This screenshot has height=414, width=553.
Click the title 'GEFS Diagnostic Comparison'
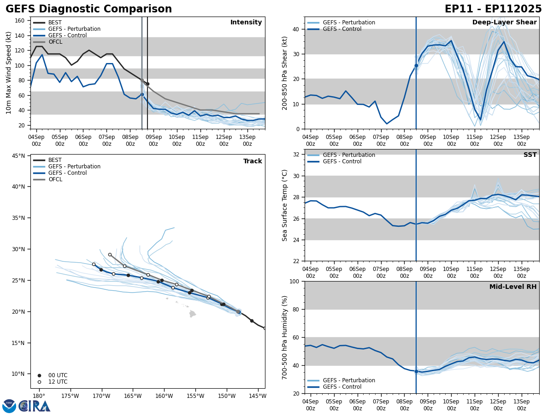click(88, 9)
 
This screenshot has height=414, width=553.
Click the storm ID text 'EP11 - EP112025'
click(493, 9)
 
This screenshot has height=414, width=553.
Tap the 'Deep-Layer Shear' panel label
click(504, 23)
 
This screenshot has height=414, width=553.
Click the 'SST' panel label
click(530, 155)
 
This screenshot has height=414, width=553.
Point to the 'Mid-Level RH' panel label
click(513, 287)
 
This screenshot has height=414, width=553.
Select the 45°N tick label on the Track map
click(17, 156)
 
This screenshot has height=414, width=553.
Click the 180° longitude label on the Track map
click(38, 396)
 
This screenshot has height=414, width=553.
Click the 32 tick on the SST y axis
click(297, 155)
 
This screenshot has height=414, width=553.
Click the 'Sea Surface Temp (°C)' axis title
click(285, 205)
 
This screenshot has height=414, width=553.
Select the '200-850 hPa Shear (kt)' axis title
click(285, 73)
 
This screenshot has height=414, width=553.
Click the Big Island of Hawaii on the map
click(193, 314)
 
